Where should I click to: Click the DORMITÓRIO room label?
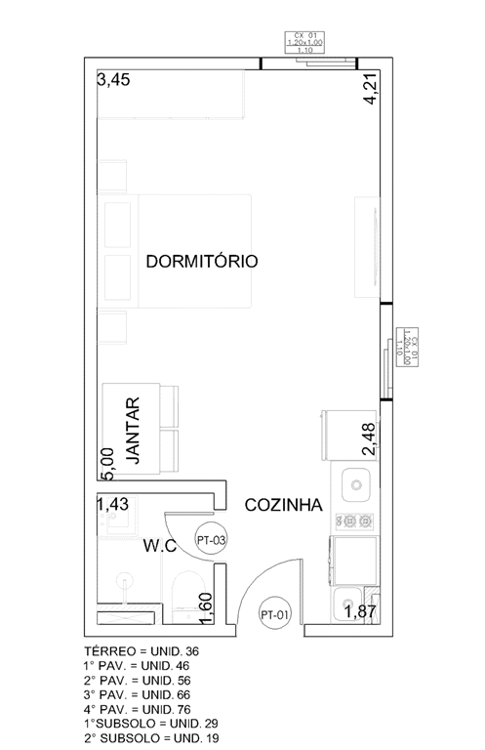pyautogui.click(x=201, y=262)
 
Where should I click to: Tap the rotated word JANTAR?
pyautogui.click(x=135, y=431)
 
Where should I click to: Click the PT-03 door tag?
pyautogui.click(x=212, y=538)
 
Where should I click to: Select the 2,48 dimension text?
pyautogui.click(x=369, y=439)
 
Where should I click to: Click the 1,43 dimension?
pyautogui.click(x=113, y=504)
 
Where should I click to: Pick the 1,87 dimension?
pyautogui.click(x=361, y=612)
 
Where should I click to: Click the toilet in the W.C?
pyautogui.click(x=182, y=596)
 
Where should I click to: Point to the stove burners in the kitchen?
pyautogui.click(x=354, y=521)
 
